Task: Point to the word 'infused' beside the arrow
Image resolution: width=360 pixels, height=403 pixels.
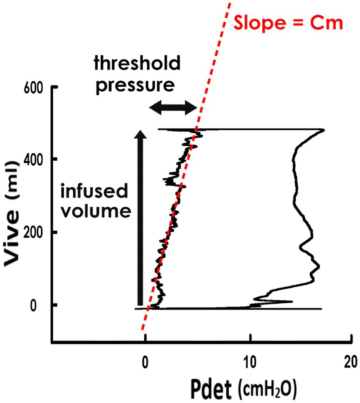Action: (x=93, y=192)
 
